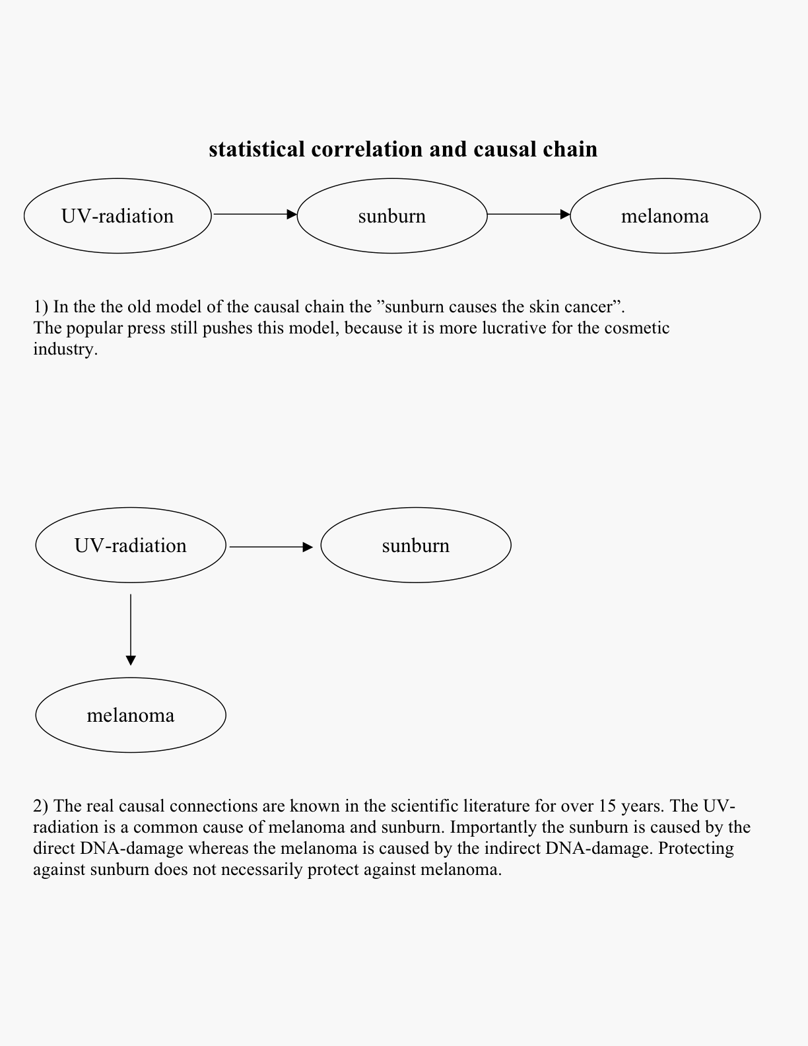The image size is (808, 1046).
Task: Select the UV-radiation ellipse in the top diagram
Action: pyautogui.click(x=118, y=216)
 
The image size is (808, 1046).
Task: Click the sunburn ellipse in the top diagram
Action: pyautogui.click(x=392, y=216)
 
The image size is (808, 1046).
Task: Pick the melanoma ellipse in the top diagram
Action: pyautogui.click(x=665, y=216)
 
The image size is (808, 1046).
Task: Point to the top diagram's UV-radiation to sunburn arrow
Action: pyautogui.click(x=255, y=214)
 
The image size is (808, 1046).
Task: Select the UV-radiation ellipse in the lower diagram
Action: pyautogui.click(x=131, y=545)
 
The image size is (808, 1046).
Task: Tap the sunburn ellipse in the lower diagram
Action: pyautogui.click(x=416, y=545)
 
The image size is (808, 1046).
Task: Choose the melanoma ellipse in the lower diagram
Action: pyautogui.click(x=131, y=715)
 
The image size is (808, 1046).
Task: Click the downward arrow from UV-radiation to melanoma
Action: pyautogui.click(x=131, y=629)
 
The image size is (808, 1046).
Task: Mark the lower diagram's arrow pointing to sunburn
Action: pyautogui.click(x=271, y=547)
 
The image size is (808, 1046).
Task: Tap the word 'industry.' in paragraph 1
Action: pyautogui.click(x=65, y=349)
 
